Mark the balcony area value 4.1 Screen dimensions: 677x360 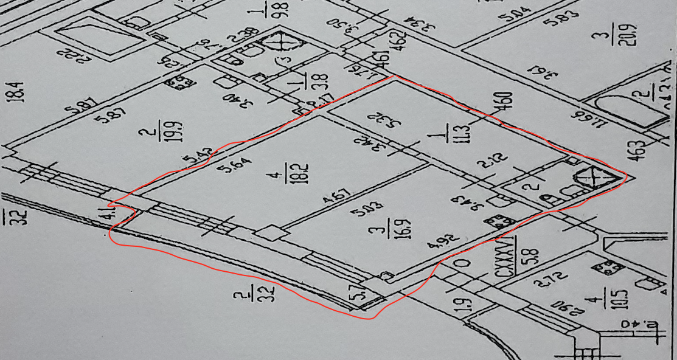[x=111, y=215]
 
